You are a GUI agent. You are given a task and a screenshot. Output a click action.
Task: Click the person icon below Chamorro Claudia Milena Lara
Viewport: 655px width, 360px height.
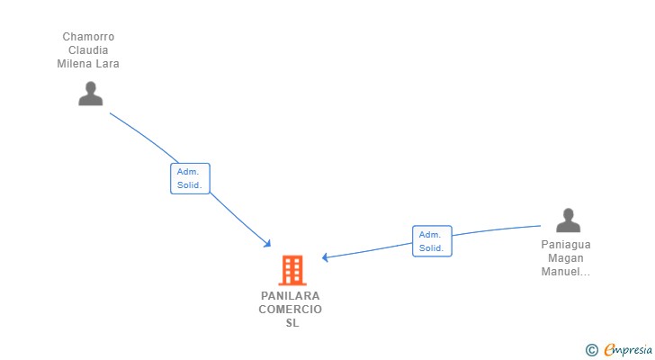(91, 94)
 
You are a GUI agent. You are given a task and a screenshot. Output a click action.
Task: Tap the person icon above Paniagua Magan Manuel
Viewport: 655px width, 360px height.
(568, 220)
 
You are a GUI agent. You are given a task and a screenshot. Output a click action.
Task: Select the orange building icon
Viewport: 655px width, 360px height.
(292, 270)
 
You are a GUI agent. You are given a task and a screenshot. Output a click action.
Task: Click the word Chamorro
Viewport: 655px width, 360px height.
(88, 37)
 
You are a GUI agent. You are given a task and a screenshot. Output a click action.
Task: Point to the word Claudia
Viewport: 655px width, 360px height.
(88, 50)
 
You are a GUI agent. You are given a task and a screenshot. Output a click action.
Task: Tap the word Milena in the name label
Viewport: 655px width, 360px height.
(75, 64)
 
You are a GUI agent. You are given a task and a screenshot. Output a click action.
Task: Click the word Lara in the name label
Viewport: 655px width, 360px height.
(108, 64)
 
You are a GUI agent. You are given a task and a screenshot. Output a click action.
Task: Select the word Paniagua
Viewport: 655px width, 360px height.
(566, 245)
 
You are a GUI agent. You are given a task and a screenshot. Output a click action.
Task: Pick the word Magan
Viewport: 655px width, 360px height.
(566, 258)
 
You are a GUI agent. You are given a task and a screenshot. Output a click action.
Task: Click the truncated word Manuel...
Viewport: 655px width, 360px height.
(566, 272)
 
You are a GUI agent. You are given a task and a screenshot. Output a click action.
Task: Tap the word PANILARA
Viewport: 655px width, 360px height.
(291, 296)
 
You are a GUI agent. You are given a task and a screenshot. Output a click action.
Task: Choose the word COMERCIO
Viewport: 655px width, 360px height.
(291, 310)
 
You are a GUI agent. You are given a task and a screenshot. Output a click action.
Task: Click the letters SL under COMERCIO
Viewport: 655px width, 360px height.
(292, 323)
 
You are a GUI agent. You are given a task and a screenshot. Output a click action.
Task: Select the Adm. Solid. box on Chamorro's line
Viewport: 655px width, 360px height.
(190, 179)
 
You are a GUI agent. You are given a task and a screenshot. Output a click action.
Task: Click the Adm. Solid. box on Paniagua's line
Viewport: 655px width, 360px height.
(432, 241)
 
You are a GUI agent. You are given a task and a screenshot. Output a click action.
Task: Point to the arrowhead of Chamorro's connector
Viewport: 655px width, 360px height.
(268, 244)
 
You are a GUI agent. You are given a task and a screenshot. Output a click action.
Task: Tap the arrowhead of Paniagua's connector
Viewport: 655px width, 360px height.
(325, 257)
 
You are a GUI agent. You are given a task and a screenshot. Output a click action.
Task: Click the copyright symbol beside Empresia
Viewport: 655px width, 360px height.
(591, 350)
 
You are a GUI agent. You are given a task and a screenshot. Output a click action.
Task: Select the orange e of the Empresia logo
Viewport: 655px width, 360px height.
(610, 349)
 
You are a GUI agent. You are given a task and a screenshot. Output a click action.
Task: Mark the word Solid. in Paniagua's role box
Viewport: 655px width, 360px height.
(432, 248)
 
